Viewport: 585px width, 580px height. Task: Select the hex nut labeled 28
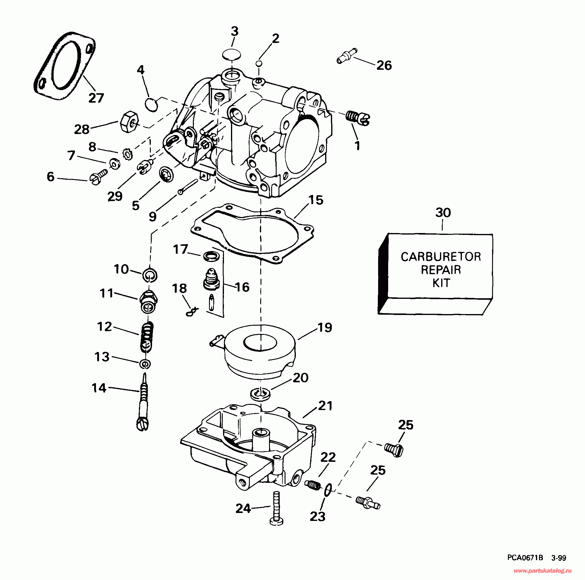click(129, 122)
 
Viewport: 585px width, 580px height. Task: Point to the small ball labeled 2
click(259, 63)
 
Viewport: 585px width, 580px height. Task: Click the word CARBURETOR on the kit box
click(441, 257)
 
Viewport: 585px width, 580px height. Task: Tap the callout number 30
click(443, 213)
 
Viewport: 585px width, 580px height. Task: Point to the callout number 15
click(316, 200)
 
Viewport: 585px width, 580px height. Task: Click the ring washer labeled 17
click(211, 256)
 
